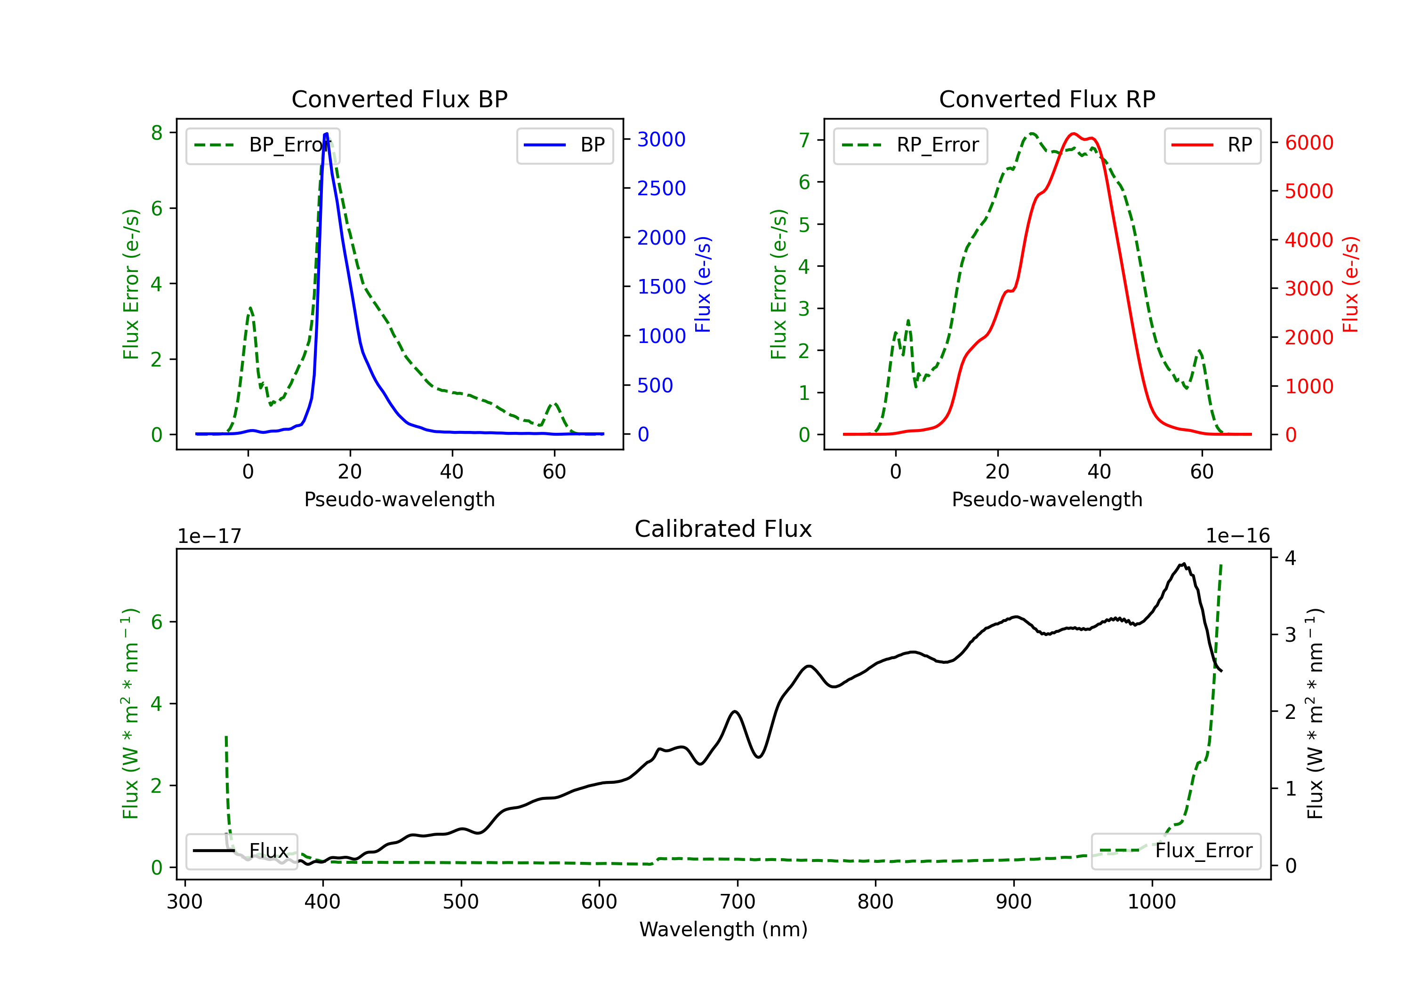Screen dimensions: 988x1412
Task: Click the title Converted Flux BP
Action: (x=399, y=99)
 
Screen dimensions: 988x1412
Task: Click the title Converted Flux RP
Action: (x=1047, y=99)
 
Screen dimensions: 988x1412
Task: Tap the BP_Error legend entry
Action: (x=263, y=145)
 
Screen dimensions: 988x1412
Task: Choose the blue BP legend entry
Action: (x=564, y=145)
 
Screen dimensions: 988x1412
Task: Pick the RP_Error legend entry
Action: (x=910, y=145)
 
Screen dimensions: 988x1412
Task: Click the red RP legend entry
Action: (x=1212, y=145)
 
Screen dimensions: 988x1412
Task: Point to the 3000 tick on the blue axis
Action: (x=661, y=140)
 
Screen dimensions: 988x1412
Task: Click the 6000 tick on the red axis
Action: (x=1308, y=143)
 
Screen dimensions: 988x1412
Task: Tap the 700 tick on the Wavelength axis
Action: (x=737, y=901)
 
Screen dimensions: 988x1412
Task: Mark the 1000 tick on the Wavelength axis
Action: (x=1151, y=901)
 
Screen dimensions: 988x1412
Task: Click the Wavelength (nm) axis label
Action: (x=723, y=929)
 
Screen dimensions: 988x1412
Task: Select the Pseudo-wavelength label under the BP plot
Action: (x=399, y=499)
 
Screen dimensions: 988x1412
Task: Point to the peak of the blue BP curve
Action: (x=326, y=134)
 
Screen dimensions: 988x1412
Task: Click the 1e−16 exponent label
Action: (x=1237, y=535)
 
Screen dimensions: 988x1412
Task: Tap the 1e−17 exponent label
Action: (x=209, y=535)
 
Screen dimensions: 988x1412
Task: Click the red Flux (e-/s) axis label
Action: (x=1350, y=284)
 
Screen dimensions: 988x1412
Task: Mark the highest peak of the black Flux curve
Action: (x=1183, y=563)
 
